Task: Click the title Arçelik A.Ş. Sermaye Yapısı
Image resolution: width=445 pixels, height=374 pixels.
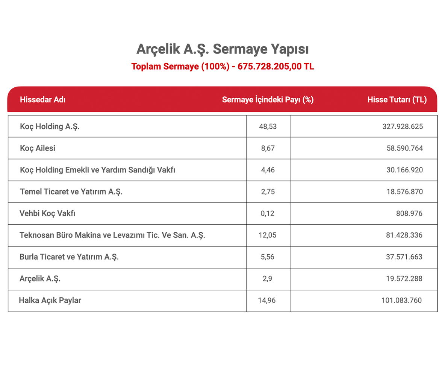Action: [x=222, y=49]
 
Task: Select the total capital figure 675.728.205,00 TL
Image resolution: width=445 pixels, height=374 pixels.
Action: [x=276, y=67]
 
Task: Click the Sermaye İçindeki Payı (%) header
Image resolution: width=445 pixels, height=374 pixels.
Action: [x=268, y=100]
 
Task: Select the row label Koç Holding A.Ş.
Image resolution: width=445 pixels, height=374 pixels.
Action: [x=50, y=126]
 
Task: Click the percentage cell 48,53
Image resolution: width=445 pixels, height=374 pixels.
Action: [x=268, y=126]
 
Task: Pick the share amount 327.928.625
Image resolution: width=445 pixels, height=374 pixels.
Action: [x=403, y=126]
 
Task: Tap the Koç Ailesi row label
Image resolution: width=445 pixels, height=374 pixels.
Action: [x=38, y=148]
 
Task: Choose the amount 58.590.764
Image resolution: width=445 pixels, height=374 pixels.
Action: [x=405, y=148]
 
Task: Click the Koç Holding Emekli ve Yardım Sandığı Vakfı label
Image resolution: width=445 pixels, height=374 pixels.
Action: [x=98, y=170]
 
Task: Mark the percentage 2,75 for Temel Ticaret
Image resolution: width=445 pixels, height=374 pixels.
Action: [x=268, y=192]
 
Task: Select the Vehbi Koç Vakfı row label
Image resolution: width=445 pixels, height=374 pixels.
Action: [x=48, y=214]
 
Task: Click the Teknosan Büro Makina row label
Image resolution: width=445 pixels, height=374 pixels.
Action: [x=112, y=236]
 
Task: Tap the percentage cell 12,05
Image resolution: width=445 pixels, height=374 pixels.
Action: [x=268, y=236]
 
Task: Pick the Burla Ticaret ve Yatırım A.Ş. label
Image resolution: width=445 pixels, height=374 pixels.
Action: [x=69, y=257]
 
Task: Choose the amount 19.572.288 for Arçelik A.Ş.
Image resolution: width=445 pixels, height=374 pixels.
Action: [x=405, y=279]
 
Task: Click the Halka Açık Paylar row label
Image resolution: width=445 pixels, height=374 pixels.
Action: [x=50, y=301]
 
